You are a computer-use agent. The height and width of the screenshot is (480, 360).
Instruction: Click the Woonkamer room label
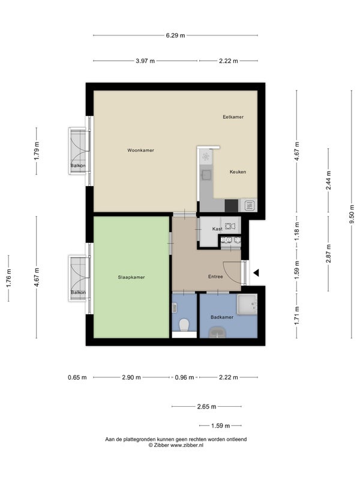140,151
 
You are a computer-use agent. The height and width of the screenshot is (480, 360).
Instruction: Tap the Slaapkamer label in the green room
131,277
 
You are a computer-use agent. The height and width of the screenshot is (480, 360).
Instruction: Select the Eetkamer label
233,117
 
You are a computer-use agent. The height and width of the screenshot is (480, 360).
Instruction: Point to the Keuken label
238,172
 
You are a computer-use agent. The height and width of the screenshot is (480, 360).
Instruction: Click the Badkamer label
222,317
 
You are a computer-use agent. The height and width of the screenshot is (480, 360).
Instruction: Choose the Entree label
215,277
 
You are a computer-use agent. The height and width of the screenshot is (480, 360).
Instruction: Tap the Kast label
217,229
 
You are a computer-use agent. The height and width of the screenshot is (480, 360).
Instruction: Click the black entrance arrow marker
256,272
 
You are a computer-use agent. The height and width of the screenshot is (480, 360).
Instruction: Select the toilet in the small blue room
184,325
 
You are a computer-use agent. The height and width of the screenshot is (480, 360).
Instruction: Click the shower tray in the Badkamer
247,304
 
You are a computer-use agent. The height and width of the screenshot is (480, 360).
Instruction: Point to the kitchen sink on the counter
206,175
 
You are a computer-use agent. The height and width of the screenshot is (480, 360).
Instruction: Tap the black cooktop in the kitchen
232,205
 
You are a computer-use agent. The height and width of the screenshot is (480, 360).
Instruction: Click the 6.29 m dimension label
175,35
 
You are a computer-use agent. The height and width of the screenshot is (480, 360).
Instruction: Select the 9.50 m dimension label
352,214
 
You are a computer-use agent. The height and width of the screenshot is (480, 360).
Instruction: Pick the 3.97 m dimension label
145,61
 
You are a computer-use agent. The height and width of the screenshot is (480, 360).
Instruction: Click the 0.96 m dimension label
184,377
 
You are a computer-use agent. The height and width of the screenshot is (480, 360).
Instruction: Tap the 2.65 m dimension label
206,407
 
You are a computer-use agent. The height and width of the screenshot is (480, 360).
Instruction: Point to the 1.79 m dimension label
37,151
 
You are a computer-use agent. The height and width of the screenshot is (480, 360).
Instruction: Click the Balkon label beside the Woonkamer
78,166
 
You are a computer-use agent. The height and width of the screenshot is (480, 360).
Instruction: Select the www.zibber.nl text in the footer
187,445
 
